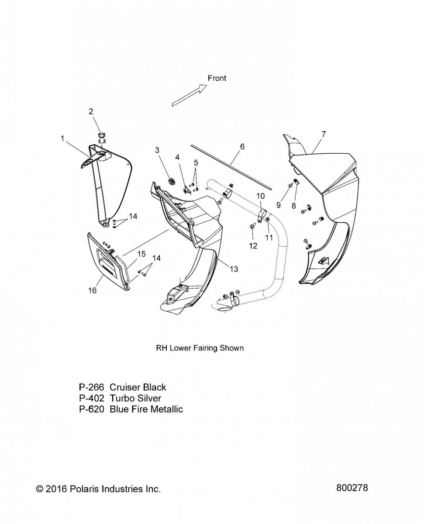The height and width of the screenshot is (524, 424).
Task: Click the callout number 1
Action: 62,138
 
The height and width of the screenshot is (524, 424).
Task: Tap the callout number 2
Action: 91,111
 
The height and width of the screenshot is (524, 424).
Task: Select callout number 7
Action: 323,134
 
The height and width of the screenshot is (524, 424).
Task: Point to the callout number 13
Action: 234,269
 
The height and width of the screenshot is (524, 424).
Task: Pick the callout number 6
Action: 242,147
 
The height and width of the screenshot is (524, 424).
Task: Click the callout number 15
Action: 141,254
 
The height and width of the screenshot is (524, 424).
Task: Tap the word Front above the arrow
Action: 217,78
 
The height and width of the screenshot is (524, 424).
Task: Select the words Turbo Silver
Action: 135,398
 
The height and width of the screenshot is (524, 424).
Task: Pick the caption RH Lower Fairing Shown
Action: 200,348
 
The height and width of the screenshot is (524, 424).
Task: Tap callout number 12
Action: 253,246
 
